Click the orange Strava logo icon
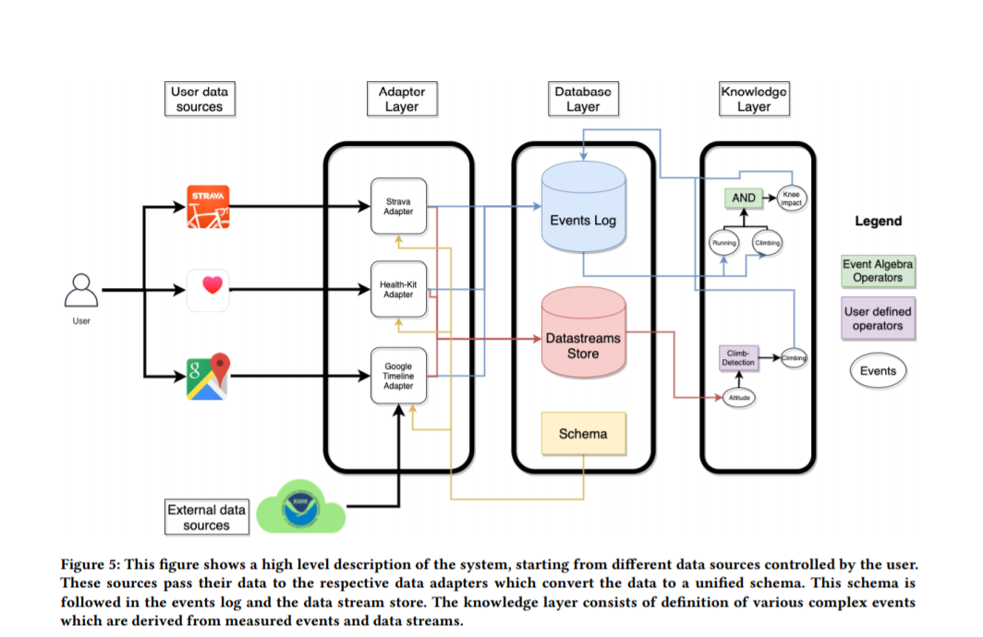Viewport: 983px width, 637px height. [207, 208]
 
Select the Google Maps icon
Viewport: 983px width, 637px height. [207, 375]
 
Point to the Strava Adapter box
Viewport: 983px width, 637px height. [398, 205]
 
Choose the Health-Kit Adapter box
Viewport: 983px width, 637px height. [398, 289]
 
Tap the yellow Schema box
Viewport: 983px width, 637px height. [583, 433]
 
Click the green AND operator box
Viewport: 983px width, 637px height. [744, 198]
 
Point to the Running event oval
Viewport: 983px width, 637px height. [724, 243]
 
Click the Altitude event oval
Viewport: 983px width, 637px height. [739, 397]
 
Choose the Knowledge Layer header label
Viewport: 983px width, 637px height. [753, 99]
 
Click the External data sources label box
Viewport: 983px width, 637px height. [206, 517]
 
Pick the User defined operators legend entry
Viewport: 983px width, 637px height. [878, 318]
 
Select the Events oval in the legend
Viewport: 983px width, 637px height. [878, 371]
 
